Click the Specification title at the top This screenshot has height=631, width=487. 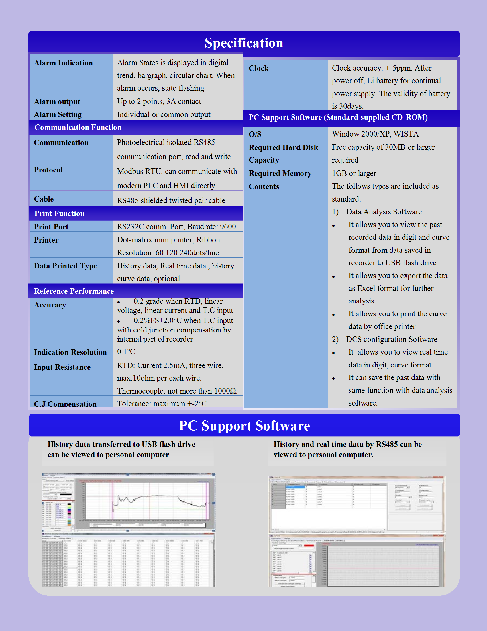(x=244, y=43)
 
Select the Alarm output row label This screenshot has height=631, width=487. (x=57, y=102)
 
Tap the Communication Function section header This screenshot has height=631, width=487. (x=78, y=127)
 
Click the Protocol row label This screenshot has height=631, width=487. (x=48, y=170)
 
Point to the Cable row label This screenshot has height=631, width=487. (x=44, y=199)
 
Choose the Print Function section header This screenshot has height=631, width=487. (x=59, y=213)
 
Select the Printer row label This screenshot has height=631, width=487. (x=46, y=240)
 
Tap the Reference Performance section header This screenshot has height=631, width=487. (x=74, y=291)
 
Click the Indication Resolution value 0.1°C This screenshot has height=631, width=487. (x=126, y=352)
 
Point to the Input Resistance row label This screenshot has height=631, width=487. (x=62, y=367)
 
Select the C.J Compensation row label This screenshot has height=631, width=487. (x=65, y=404)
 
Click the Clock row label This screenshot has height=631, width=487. (x=258, y=69)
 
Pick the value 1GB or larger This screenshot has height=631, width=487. (x=354, y=173)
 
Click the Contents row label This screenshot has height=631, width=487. (x=264, y=187)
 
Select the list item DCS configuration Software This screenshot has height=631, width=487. (x=392, y=339)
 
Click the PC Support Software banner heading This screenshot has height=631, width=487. (x=244, y=426)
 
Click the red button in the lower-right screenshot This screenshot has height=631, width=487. (x=309, y=546)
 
